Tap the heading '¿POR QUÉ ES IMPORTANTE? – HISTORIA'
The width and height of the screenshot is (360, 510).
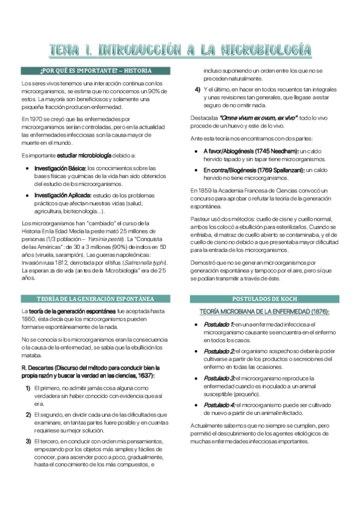click(x=96, y=71)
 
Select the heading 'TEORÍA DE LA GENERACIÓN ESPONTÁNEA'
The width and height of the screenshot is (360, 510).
click(x=96, y=299)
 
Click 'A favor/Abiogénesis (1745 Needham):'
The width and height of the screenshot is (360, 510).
click(x=251, y=150)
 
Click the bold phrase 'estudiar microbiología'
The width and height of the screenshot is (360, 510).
click(x=79, y=155)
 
